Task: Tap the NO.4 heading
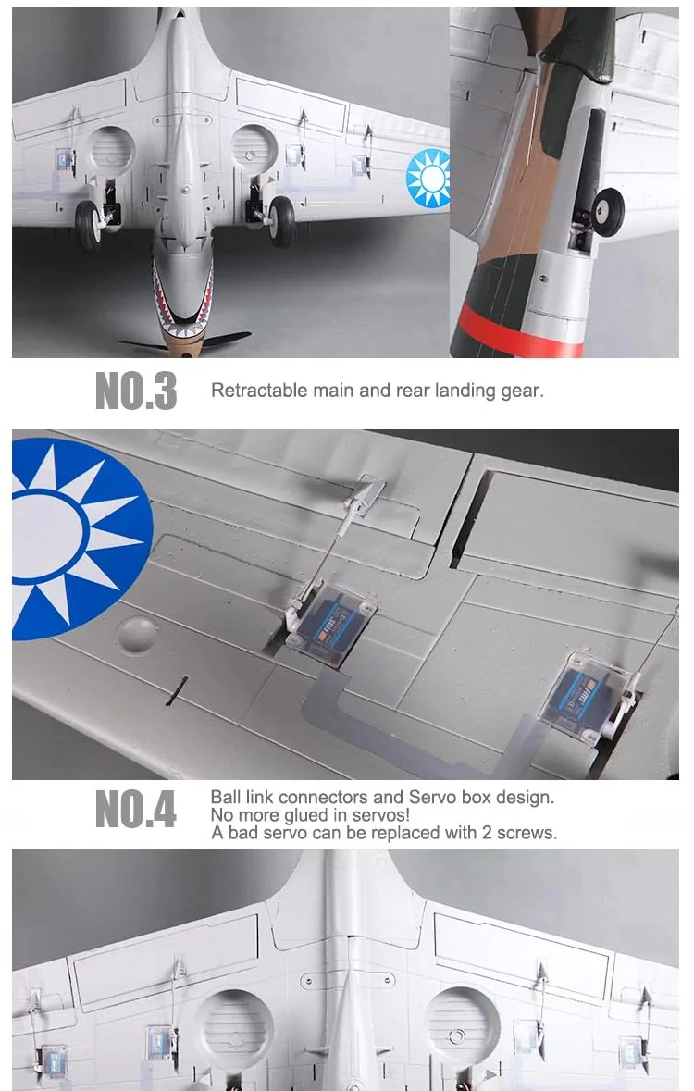click(x=136, y=810)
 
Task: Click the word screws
click(x=527, y=832)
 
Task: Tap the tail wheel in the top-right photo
click(x=609, y=210)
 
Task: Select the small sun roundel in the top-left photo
click(x=428, y=178)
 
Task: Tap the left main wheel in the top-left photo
click(x=88, y=225)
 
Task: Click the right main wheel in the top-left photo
click(x=281, y=220)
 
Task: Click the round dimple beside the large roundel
click(x=137, y=635)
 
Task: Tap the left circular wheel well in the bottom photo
click(x=235, y=1027)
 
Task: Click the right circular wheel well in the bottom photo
click(x=462, y=1023)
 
